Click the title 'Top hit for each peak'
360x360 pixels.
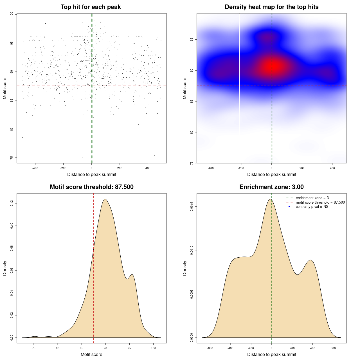pos(91,7)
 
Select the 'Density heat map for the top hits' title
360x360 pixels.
pos(271,7)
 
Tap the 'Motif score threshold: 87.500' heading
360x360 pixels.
pos(91,187)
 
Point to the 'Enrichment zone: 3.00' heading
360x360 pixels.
pos(271,187)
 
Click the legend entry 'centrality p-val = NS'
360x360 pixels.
pos(312,207)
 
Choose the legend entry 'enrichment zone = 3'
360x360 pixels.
pos(312,198)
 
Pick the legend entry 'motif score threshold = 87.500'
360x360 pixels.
pos(320,202)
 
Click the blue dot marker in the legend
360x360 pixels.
pos(289,207)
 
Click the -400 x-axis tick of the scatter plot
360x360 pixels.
pos(35,168)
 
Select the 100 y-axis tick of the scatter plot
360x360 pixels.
pos(12,14)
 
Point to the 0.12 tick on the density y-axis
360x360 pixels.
pos(12,203)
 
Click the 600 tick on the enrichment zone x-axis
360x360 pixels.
pos(333,348)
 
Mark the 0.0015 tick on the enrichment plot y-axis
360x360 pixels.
pos(192,207)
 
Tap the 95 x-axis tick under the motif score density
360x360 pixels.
pos(129,348)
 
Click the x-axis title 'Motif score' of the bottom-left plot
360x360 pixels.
pos(91,354)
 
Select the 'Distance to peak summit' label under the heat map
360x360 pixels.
pos(271,175)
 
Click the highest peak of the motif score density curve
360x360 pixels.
pos(105,199)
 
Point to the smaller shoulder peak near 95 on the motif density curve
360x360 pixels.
pos(132,274)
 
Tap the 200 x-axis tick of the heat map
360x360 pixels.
pos(302,168)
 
